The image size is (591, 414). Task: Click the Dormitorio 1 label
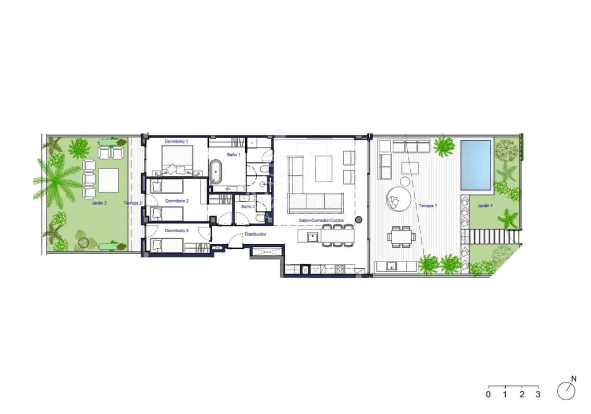176,142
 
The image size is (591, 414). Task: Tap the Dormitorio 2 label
177,201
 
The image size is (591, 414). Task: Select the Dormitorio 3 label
177,230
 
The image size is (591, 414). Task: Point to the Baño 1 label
233,155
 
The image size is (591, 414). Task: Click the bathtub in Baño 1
216,171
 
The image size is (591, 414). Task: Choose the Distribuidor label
255,234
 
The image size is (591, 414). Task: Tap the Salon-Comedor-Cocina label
321,221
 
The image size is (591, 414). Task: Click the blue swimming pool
476,165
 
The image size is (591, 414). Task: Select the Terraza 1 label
428,206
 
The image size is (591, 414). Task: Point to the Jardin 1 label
485,206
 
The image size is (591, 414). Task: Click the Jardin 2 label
99,203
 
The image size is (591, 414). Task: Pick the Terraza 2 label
133,203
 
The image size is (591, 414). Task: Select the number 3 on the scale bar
538,394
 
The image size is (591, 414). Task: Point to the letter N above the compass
573,379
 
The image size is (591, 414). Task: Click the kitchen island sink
312,236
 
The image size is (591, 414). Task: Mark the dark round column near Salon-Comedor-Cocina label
358,220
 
